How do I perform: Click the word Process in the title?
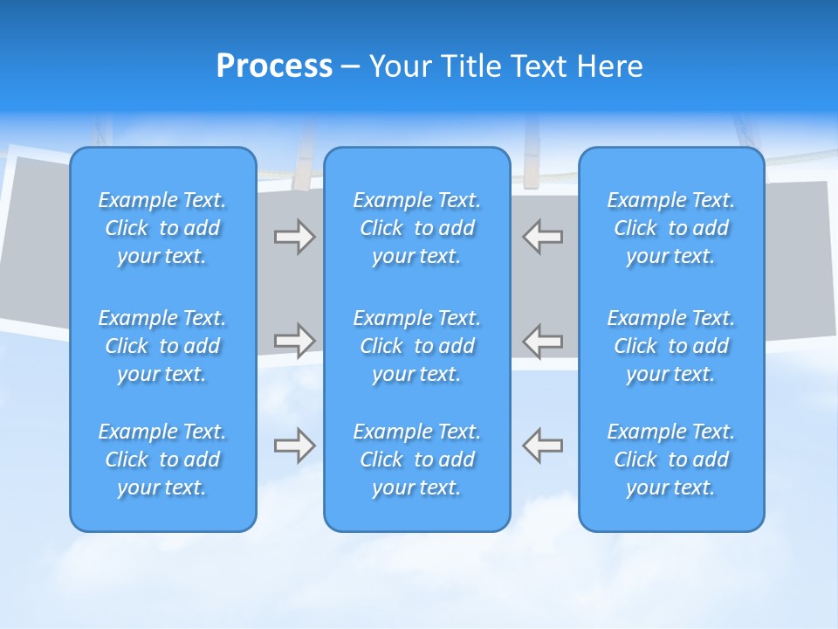(x=274, y=66)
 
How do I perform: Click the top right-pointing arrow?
(x=294, y=238)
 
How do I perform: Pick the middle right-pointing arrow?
(x=294, y=341)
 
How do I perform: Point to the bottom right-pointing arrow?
(x=294, y=445)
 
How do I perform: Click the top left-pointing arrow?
(x=543, y=238)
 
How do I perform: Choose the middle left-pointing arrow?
(x=543, y=341)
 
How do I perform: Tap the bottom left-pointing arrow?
(x=543, y=445)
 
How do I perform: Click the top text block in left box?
(x=162, y=228)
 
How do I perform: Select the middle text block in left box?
(x=162, y=346)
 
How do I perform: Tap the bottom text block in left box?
(x=162, y=460)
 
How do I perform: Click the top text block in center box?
(x=417, y=228)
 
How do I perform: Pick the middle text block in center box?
(x=417, y=346)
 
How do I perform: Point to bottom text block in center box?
(x=417, y=460)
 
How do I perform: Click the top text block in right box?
(x=671, y=228)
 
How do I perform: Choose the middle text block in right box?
(x=671, y=346)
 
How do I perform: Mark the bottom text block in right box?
(x=671, y=460)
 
